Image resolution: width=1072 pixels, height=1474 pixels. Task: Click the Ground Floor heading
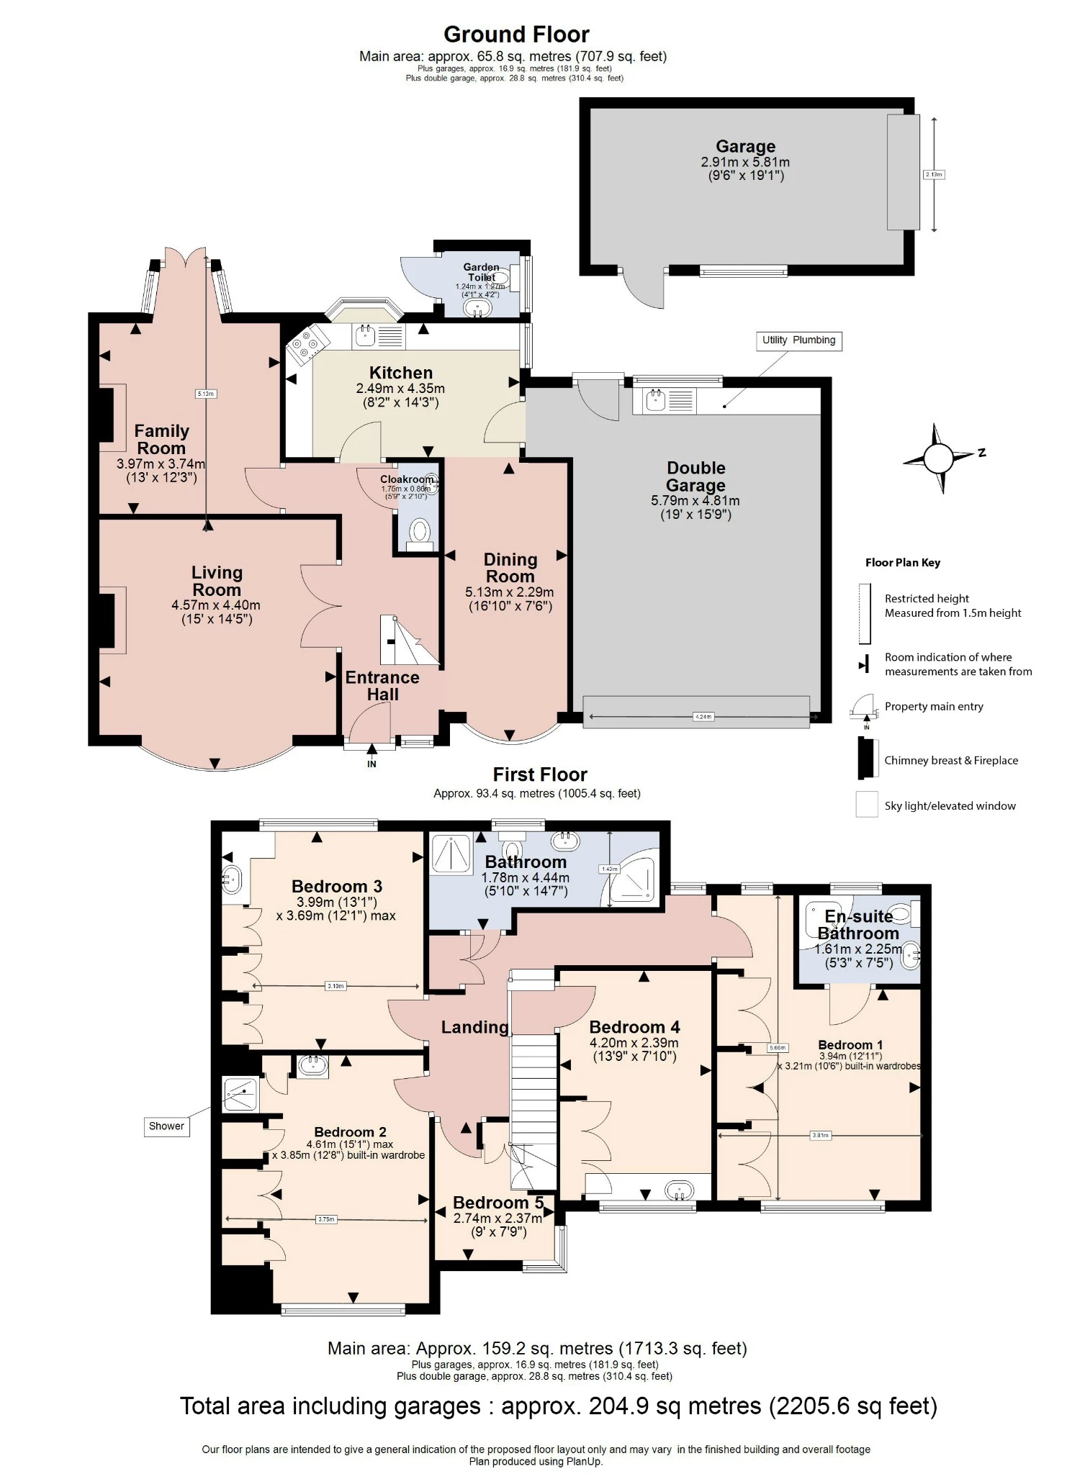pyautogui.click(x=516, y=35)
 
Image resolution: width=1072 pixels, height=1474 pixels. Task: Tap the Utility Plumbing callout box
pyautogui.click(x=798, y=340)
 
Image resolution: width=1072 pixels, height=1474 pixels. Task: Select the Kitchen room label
pyautogui.click(x=400, y=373)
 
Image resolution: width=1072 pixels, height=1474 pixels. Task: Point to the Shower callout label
pyautogui.click(x=166, y=1126)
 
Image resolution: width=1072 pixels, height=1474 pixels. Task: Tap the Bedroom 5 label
pyautogui.click(x=498, y=1203)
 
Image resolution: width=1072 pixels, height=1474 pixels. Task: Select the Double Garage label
pyautogui.click(x=695, y=476)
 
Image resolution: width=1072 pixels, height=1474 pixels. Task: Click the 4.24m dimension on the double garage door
pyautogui.click(x=702, y=716)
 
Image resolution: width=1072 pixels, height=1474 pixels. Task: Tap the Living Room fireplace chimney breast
pyautogui.click(x=106, y=620)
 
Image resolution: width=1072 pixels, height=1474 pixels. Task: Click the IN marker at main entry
pyautogui.click(x=371, y=764)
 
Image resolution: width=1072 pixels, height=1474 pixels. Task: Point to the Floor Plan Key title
pyautogui.click(x=902, y=563)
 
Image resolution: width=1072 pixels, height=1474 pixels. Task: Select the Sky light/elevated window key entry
pyautogui.click(x=949, y=806)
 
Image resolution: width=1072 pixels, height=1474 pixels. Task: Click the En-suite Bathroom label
pyautogui.click(x=858, y=925)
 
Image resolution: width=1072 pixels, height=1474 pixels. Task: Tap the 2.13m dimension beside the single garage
pyautogui.click(x=933, y=174)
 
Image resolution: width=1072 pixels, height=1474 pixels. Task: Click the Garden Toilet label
pyautogui.click(x=481, y=272)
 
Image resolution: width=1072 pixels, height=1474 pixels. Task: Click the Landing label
pyautogui.click(x=474, y=1027)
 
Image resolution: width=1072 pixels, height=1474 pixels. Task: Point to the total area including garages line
pyautogui.click(x=558, y=1406)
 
